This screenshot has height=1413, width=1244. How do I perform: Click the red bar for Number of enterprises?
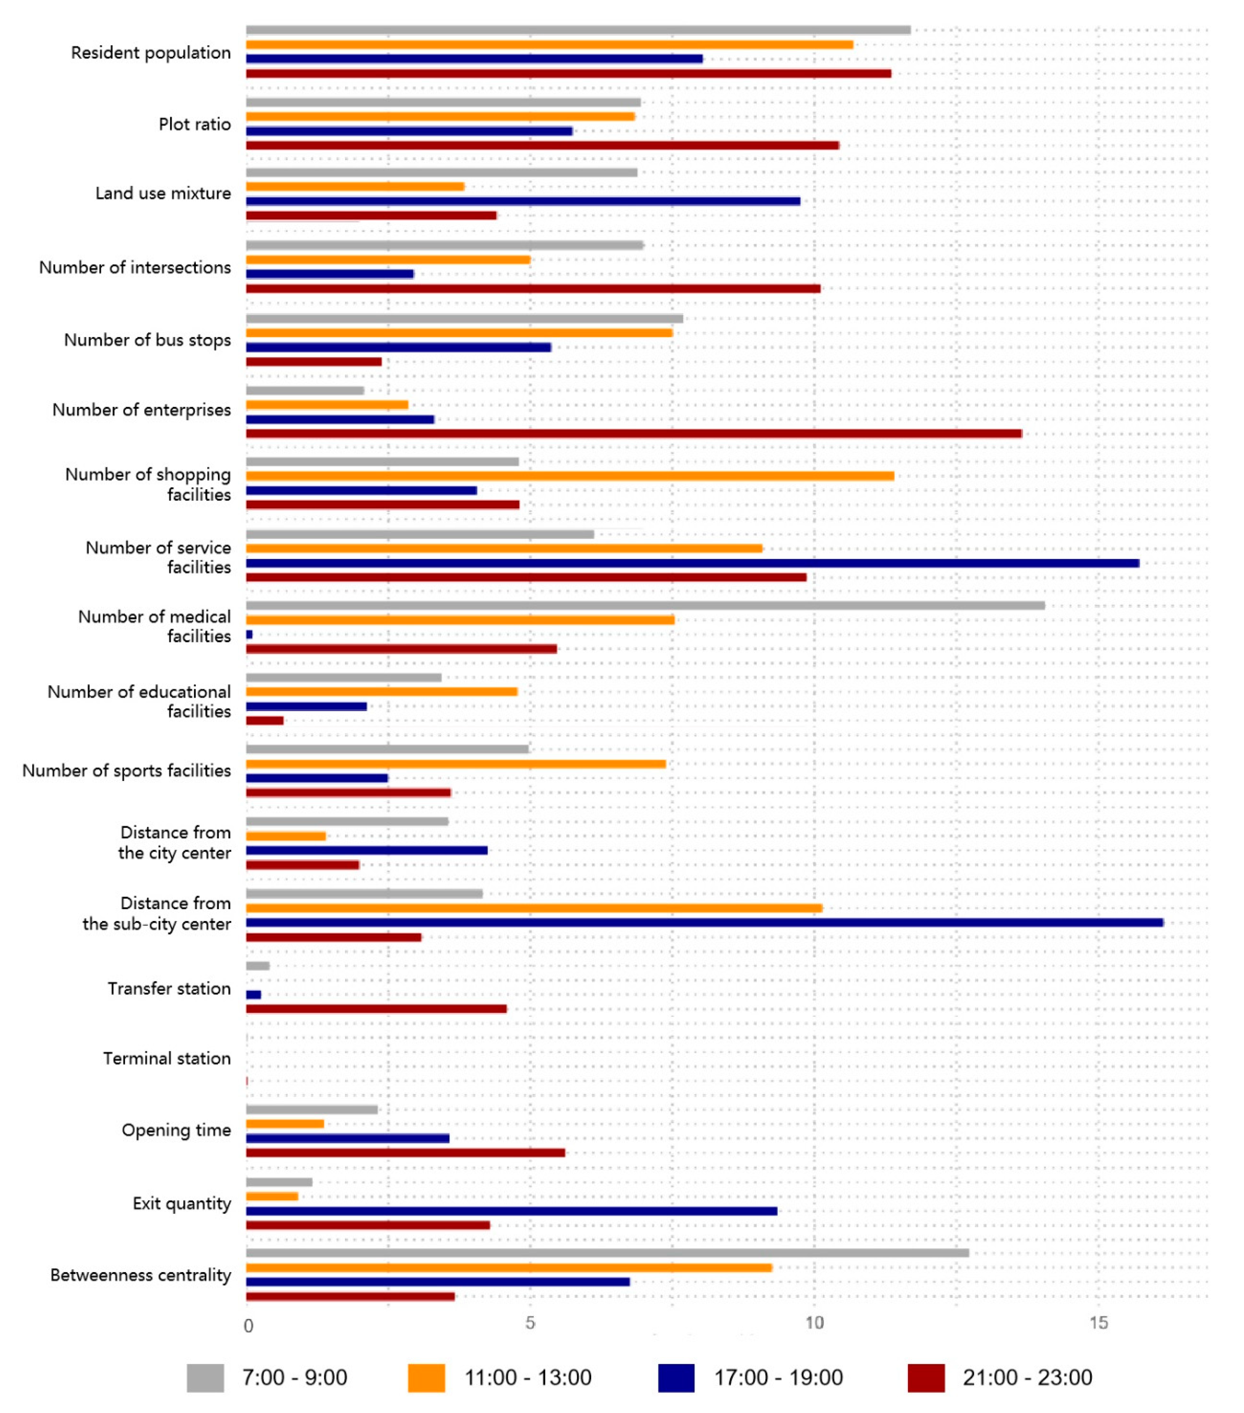(633, 434)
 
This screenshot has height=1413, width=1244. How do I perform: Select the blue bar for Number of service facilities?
(692, 563)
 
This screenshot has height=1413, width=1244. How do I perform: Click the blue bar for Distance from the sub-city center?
(704, 922)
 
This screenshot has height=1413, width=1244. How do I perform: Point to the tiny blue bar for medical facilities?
(249, 634)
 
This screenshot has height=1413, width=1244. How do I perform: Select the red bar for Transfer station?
(376, 1009)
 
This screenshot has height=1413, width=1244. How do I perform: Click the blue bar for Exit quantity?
(511, 1211)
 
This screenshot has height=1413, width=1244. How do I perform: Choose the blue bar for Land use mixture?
(523, 201)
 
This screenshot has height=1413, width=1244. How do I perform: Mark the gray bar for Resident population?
(578, 30)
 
